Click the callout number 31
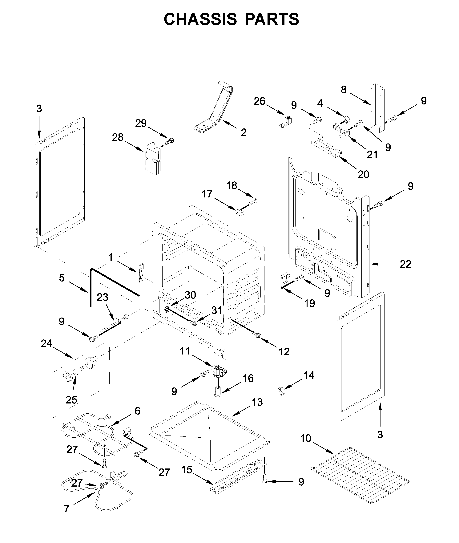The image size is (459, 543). [216, 310]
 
